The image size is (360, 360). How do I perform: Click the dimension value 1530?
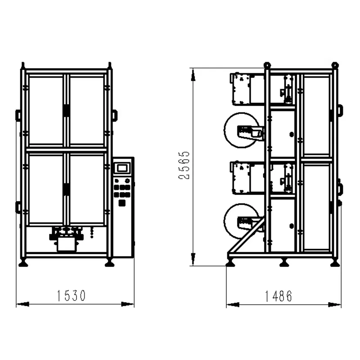click(x=71, y=296)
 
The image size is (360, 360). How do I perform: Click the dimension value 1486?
click(x=279, y=296)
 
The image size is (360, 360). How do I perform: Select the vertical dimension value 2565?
click(x=184, y=165)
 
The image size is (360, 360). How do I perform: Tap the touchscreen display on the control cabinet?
click(x=122, y=168)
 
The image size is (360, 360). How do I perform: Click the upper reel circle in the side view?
click(x=225, y=130)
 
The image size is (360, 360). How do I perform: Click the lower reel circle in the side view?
click(x=225, y=221)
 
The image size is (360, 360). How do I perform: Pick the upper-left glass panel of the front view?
click(x=46, y=111)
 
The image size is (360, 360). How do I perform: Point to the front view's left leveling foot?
click(x=23, y=262)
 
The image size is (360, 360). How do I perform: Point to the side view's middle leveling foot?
click(x=284, y=262)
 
